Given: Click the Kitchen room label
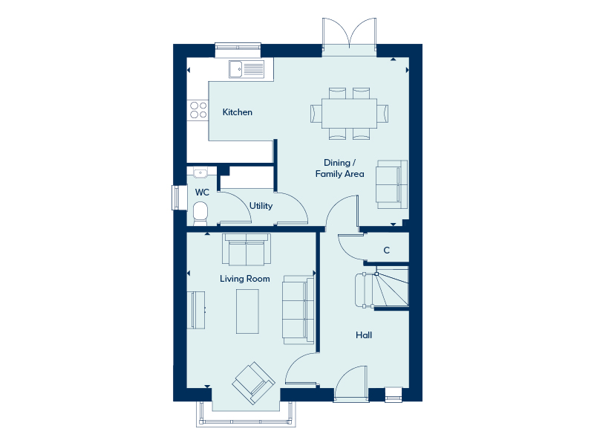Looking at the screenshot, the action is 237,112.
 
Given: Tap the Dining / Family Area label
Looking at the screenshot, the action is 340,169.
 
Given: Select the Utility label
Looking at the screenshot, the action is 261,206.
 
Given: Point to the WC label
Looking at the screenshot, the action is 202,193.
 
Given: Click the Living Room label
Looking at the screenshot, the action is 245,279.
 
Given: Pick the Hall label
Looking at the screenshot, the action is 364,335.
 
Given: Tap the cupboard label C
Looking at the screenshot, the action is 386,251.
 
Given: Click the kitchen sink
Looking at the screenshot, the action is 247,69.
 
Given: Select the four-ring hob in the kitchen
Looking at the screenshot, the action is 198,110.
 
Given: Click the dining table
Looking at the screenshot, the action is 349,114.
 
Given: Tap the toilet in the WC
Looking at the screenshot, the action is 200,213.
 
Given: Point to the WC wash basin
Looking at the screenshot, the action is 200,172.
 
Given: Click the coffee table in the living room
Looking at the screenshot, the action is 247,311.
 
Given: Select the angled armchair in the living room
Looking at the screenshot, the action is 253,383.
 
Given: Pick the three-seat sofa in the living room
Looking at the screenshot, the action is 298,310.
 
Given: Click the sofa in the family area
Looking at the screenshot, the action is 392,184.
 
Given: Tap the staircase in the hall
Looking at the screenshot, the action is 382,290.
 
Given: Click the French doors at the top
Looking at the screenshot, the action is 349,36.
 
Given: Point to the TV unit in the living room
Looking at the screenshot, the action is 196,310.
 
